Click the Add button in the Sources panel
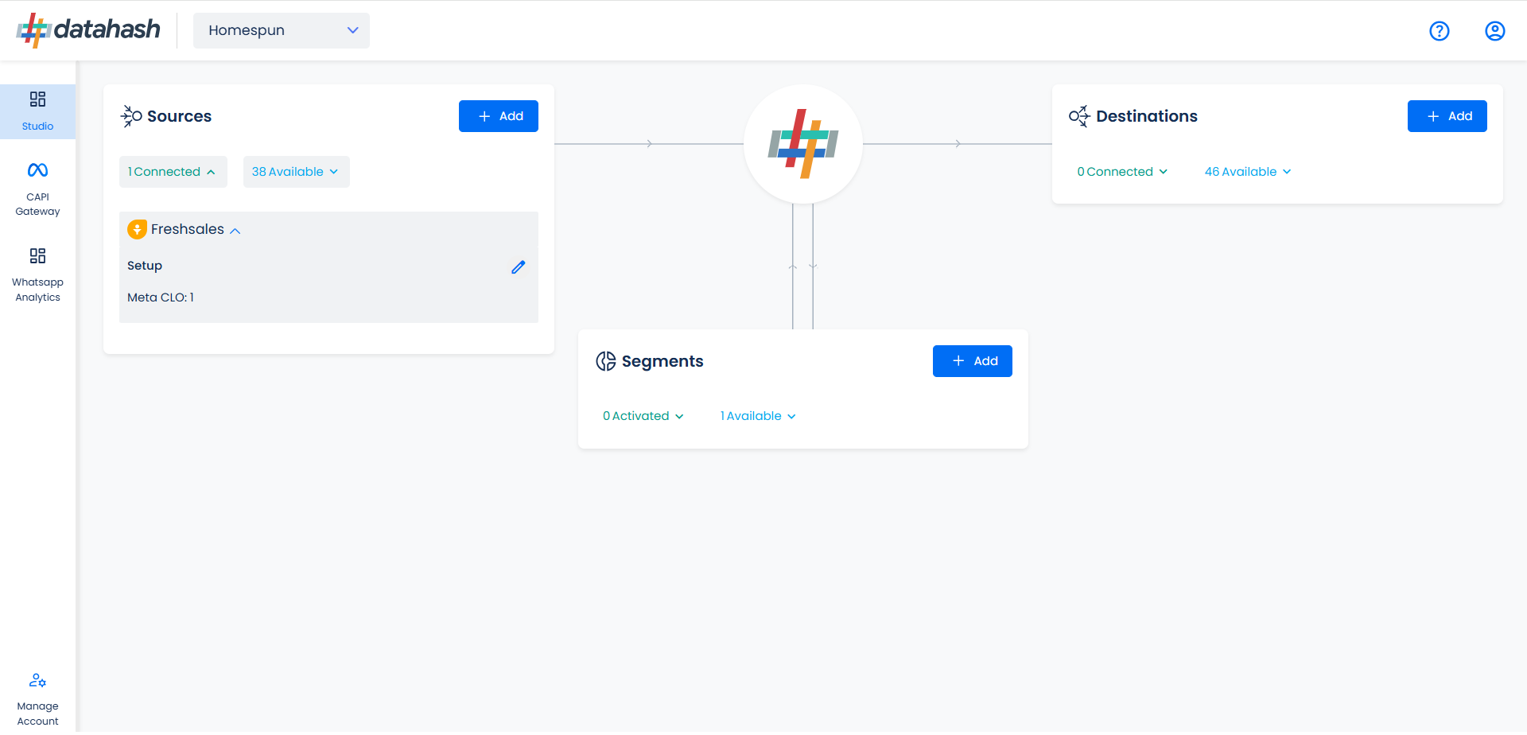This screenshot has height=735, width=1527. point(499,116)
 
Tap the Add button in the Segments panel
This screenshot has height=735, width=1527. point(973,361)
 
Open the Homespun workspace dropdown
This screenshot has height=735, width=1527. point(282,30)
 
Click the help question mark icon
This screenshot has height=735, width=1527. point(1440,31)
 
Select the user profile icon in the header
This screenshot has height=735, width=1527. point(1495,31)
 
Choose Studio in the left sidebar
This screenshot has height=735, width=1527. point(37,111)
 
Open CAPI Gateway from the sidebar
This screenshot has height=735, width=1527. point(37,189)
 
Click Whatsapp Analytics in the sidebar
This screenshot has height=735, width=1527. point(37,275)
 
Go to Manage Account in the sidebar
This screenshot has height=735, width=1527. point(37,700)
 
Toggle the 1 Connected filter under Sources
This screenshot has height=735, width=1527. point(173,172)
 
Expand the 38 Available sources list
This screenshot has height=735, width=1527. point(297,172)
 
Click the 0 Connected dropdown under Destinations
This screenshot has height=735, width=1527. point(1122,172)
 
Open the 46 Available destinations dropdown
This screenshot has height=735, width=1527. point(1248,172)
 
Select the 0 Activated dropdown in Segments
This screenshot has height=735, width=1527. point(643,416)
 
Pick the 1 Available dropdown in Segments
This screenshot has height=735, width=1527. point(758,416)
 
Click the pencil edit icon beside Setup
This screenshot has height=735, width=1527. point(519,267)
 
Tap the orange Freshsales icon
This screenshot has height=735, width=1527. point(137,229)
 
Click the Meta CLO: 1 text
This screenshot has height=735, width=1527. point(161,297)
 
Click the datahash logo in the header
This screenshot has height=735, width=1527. point(88,30)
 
